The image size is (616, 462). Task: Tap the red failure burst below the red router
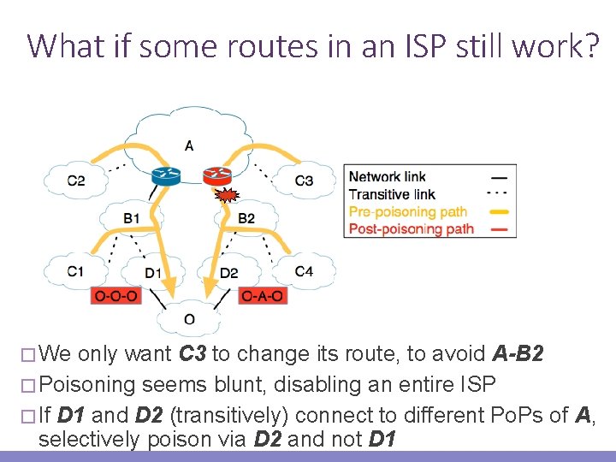pos(225,197)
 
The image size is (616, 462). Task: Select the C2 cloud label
pos(76,180)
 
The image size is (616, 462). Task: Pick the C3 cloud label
pos(304,180)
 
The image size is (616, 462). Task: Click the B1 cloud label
pos(131,218)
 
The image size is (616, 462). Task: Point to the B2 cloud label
pos(246,218)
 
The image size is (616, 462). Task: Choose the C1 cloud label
pos(76,272)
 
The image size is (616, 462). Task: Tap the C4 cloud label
pos(304,272)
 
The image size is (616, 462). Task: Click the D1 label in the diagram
pos(153,273)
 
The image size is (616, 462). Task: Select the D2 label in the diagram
pos(229,273)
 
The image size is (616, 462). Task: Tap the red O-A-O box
pos(263,296)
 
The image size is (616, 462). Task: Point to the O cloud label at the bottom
pos(189,320)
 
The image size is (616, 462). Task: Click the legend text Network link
pos(387,177)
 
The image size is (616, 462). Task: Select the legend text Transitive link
pos(392,194)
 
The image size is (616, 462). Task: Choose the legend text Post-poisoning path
pos(411,228)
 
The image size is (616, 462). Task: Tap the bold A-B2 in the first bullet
pos(518,353)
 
